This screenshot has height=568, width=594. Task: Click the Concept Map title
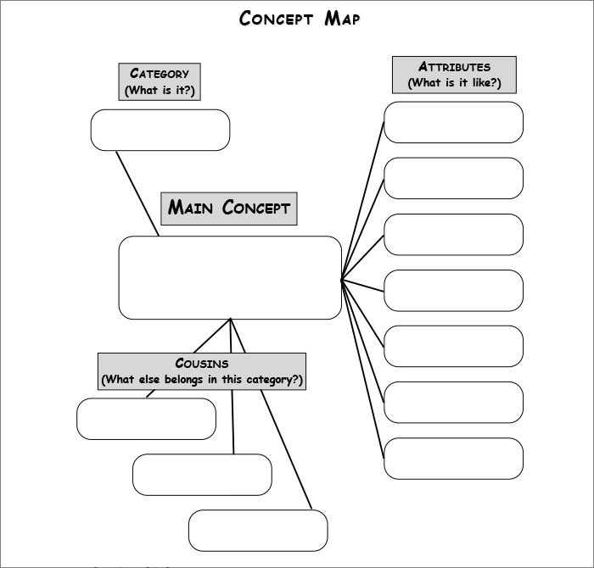click(299, 19)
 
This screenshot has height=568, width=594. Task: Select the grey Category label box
click(160, 81)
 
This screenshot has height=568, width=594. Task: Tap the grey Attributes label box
click(454, 75)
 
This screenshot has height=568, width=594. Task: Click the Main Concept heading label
click(229, 208)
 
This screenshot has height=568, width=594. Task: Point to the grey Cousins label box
click(201, 371)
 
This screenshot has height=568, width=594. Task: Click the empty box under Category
click(160, 130)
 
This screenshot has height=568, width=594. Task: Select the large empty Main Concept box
click(230, 277)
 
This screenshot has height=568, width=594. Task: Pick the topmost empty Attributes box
click(453, 122)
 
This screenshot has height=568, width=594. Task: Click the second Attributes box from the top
click(453, 178)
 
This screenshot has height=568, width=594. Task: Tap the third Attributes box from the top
click(453, 234)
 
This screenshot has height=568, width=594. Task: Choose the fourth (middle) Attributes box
click(453, 290)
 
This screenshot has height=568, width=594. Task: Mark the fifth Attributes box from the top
click(453, 346)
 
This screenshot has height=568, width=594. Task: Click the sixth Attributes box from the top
click(453, 402)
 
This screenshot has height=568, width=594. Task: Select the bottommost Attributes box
click(453, 458)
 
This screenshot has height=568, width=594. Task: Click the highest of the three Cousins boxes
click(146, 419)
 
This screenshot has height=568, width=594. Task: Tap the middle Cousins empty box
click(202, 475)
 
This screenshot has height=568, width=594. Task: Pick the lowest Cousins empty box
click(258, 531)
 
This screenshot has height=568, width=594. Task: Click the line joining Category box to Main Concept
click(137, 193)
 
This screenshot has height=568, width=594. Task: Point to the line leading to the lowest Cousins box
click(287, 449)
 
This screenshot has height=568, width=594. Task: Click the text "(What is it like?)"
click(454, 83)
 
